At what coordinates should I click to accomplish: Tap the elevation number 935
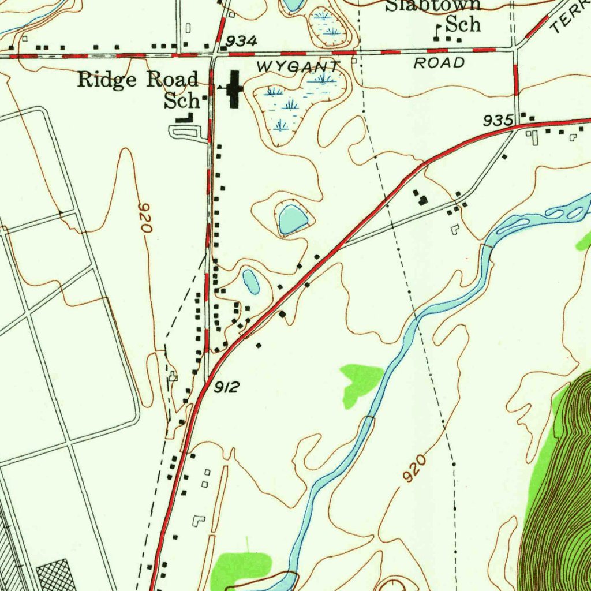[499, 121]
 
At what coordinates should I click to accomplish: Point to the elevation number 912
[226, 387]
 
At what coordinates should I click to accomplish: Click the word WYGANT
[295, 66]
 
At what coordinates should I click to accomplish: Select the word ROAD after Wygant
[439, 63]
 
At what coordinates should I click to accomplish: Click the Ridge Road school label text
[139, 89]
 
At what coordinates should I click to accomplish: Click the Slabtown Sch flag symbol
[439, 30]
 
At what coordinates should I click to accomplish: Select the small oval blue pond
[250, 281]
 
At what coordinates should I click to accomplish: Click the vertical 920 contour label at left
[145, 218]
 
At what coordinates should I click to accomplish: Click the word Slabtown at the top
[433, 6]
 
